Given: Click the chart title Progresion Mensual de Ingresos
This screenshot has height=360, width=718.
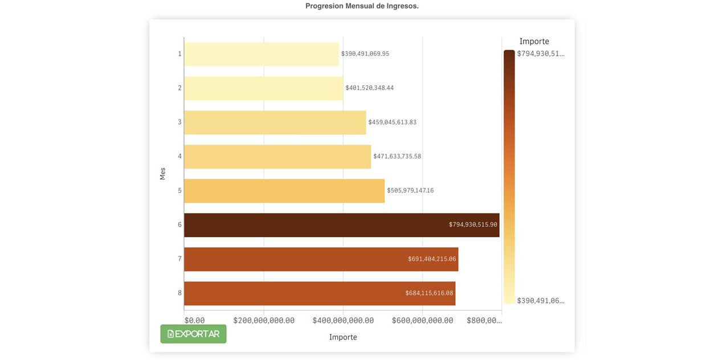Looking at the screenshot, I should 362,6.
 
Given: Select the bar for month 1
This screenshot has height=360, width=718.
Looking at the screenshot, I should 261,54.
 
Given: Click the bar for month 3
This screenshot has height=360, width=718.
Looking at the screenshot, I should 275,122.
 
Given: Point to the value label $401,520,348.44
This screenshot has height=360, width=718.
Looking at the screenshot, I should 369,88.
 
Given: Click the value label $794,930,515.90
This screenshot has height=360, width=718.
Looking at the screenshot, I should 473,224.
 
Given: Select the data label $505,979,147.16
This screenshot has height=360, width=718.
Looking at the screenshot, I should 410,190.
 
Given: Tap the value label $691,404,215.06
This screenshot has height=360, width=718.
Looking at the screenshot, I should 432,259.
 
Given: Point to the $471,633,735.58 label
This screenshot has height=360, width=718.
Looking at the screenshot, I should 397,156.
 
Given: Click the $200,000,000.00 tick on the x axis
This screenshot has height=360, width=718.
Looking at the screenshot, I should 264,321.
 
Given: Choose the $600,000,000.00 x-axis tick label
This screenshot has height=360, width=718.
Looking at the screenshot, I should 422,321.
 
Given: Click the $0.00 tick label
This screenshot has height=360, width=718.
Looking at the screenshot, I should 194,321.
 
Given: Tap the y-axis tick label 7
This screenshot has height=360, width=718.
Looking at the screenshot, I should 179,259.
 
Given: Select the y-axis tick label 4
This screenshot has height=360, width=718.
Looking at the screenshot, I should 179,156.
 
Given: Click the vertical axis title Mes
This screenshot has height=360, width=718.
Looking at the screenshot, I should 162,174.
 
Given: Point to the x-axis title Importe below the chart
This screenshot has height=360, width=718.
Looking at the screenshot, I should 343,337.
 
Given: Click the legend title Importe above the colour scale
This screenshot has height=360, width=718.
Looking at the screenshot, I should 534,42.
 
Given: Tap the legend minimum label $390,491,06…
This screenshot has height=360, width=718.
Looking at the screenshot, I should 540,301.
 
